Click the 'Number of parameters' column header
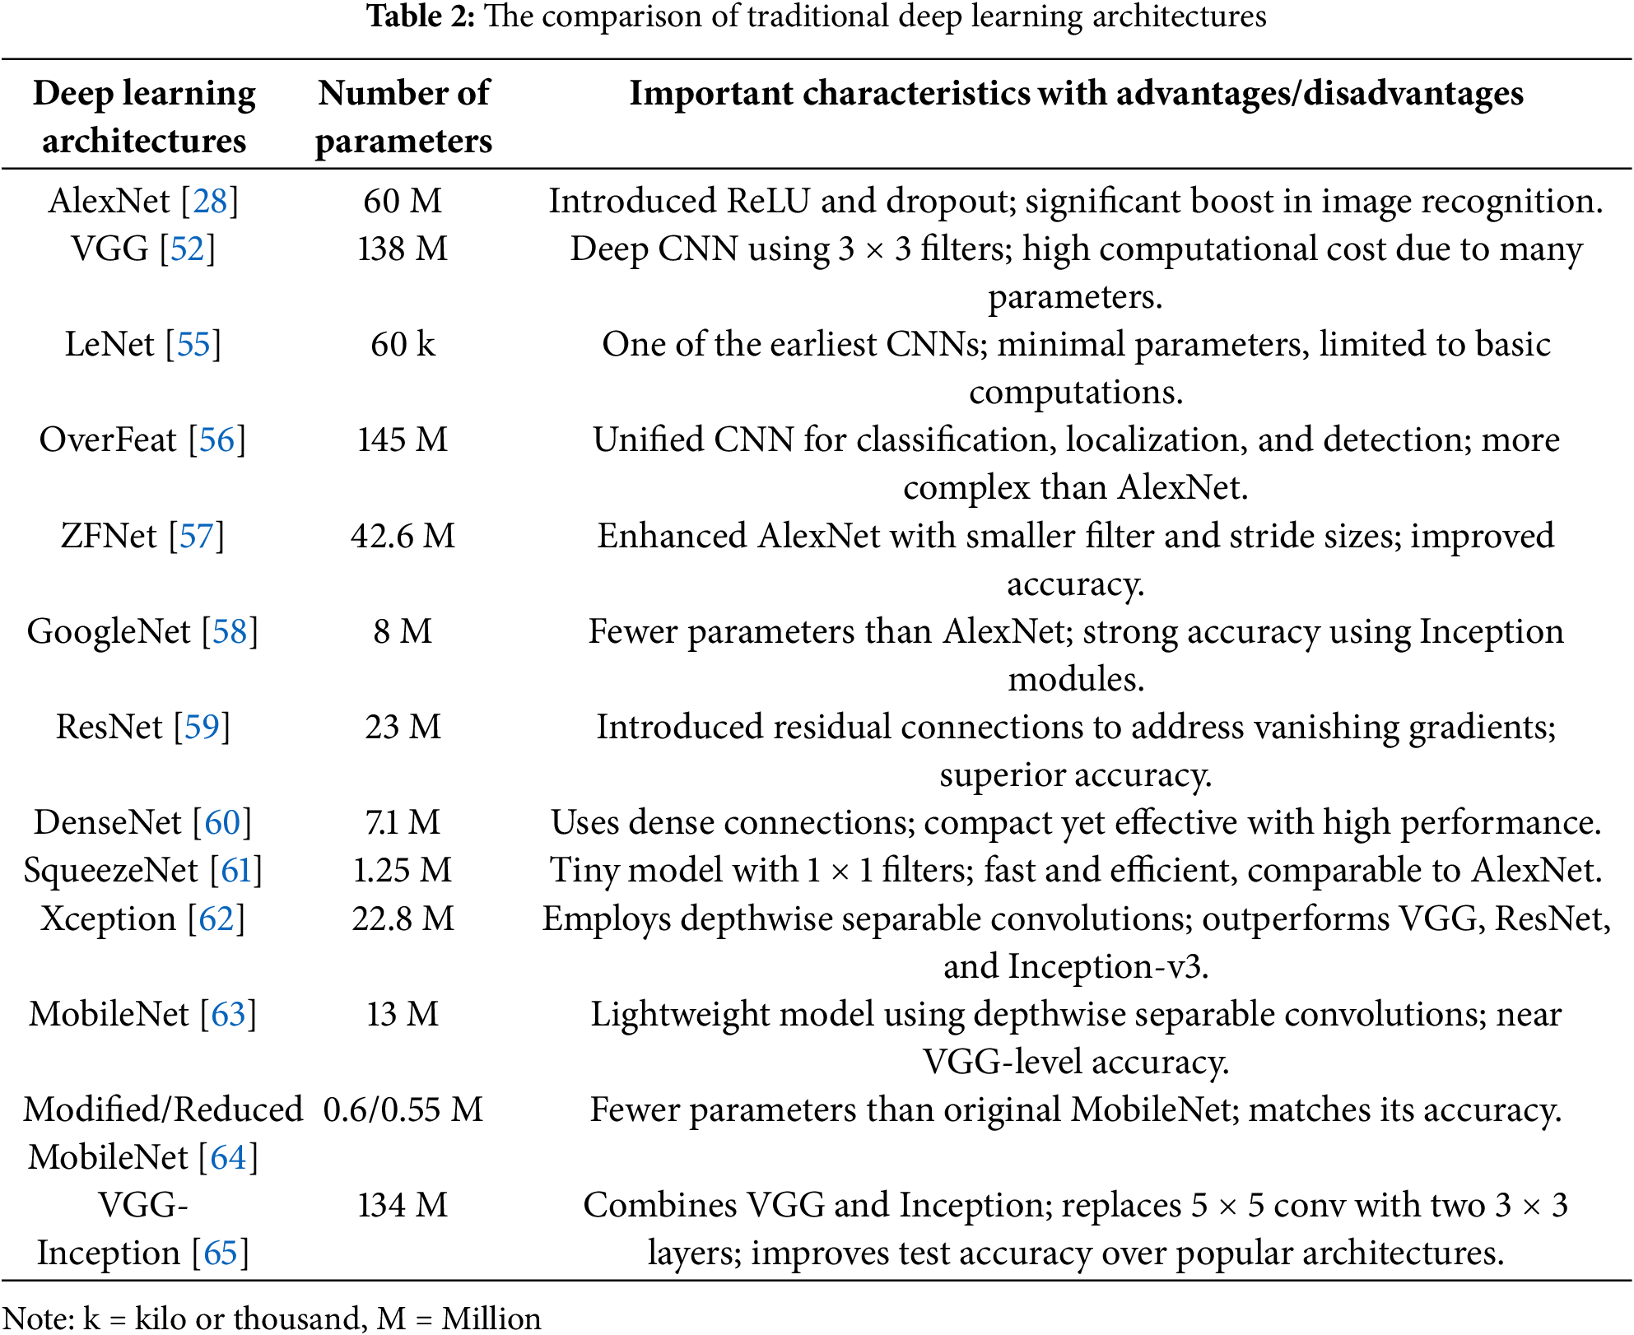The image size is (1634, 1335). click(403, 117)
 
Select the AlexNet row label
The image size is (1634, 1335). click(109, 201)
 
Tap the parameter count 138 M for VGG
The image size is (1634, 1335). click(403, 249)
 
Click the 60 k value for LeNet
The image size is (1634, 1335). click(403, 344)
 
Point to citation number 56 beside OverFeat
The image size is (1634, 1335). click(217, 440)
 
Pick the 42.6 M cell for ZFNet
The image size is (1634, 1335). click(403, 536)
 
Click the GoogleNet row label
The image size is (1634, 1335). click(109, 631)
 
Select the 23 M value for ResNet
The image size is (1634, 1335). click(403, 727)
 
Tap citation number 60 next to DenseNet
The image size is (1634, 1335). click(222, 822)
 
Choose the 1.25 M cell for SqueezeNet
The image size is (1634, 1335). click(403, 870)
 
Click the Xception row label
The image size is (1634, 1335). click(109, 919)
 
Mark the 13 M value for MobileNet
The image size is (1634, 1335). click(403, 1014)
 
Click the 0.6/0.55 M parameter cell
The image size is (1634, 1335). click(403, 1109)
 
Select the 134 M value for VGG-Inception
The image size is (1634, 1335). click(403, 1205)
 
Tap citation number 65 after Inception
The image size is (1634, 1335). click(221, 1253)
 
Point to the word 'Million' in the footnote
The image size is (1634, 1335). click(491, 1319)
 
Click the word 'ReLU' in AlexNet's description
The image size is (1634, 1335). click(769, 201)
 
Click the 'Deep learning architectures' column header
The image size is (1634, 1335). click(144, 117)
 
